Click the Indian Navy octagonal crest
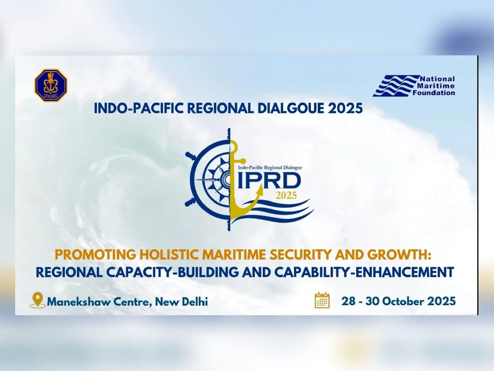[x=50, y=85]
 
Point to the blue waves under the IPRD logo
[x=283, y=212]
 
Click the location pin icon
[x=37, y=300]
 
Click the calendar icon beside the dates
[x=322, y=300]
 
